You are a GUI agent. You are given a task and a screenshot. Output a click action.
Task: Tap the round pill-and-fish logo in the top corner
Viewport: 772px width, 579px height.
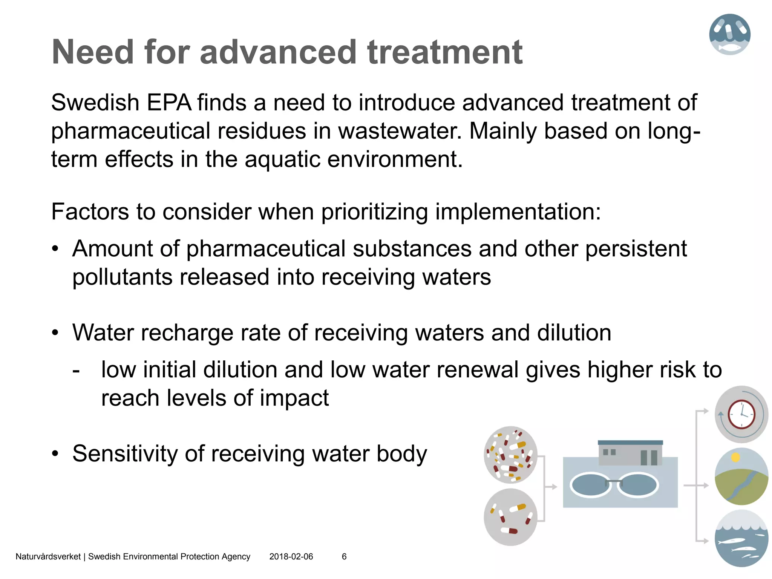729,34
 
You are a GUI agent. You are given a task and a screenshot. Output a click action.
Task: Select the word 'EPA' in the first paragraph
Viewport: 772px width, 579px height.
169,103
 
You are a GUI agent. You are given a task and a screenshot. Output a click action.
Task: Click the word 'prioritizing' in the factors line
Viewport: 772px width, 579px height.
374,212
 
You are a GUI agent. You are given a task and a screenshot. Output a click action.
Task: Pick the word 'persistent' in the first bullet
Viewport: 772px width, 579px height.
636,249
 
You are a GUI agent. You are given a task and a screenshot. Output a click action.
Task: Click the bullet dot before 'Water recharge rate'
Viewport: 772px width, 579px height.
55,333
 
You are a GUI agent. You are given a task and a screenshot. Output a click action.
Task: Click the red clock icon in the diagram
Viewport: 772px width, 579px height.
741,414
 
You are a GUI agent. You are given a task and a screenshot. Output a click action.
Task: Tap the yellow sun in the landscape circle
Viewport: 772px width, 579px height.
735,458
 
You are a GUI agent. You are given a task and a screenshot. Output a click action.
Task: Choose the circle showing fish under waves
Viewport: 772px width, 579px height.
741,538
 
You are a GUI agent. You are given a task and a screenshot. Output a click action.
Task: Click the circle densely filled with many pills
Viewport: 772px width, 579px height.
510,455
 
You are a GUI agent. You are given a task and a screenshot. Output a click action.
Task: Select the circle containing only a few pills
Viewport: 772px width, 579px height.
510,517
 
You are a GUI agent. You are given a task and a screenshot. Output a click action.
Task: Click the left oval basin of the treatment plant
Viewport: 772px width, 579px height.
591,485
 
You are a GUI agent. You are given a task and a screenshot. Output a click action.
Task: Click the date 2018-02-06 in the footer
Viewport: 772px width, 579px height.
291,557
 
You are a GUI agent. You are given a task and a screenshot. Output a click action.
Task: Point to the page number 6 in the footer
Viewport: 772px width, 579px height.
344,557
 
